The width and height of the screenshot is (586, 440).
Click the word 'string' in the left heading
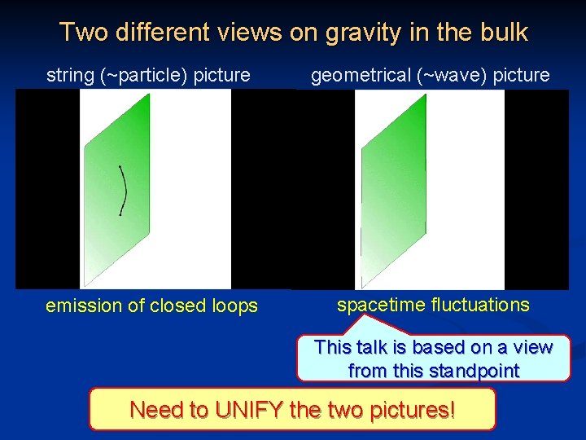pyautogui.click(x=69, y=76)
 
